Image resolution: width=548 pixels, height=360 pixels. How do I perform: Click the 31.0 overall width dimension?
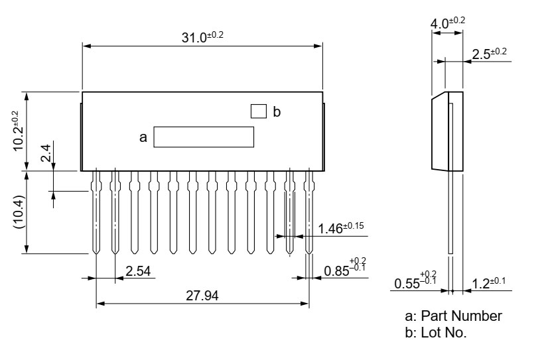[202, 36]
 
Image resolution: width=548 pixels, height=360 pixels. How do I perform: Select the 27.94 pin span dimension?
[202, 296]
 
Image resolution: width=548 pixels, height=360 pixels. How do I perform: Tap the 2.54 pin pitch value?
[138, 271]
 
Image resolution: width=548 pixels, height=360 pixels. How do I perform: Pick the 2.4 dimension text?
[46, 153]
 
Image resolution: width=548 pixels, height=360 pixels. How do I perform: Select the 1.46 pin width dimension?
[341, 228]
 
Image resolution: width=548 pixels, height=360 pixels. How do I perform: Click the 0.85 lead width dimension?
[345, 268]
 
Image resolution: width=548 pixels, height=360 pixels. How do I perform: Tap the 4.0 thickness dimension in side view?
[448, 23]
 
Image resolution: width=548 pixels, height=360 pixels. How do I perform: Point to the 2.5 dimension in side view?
[490, 54]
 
